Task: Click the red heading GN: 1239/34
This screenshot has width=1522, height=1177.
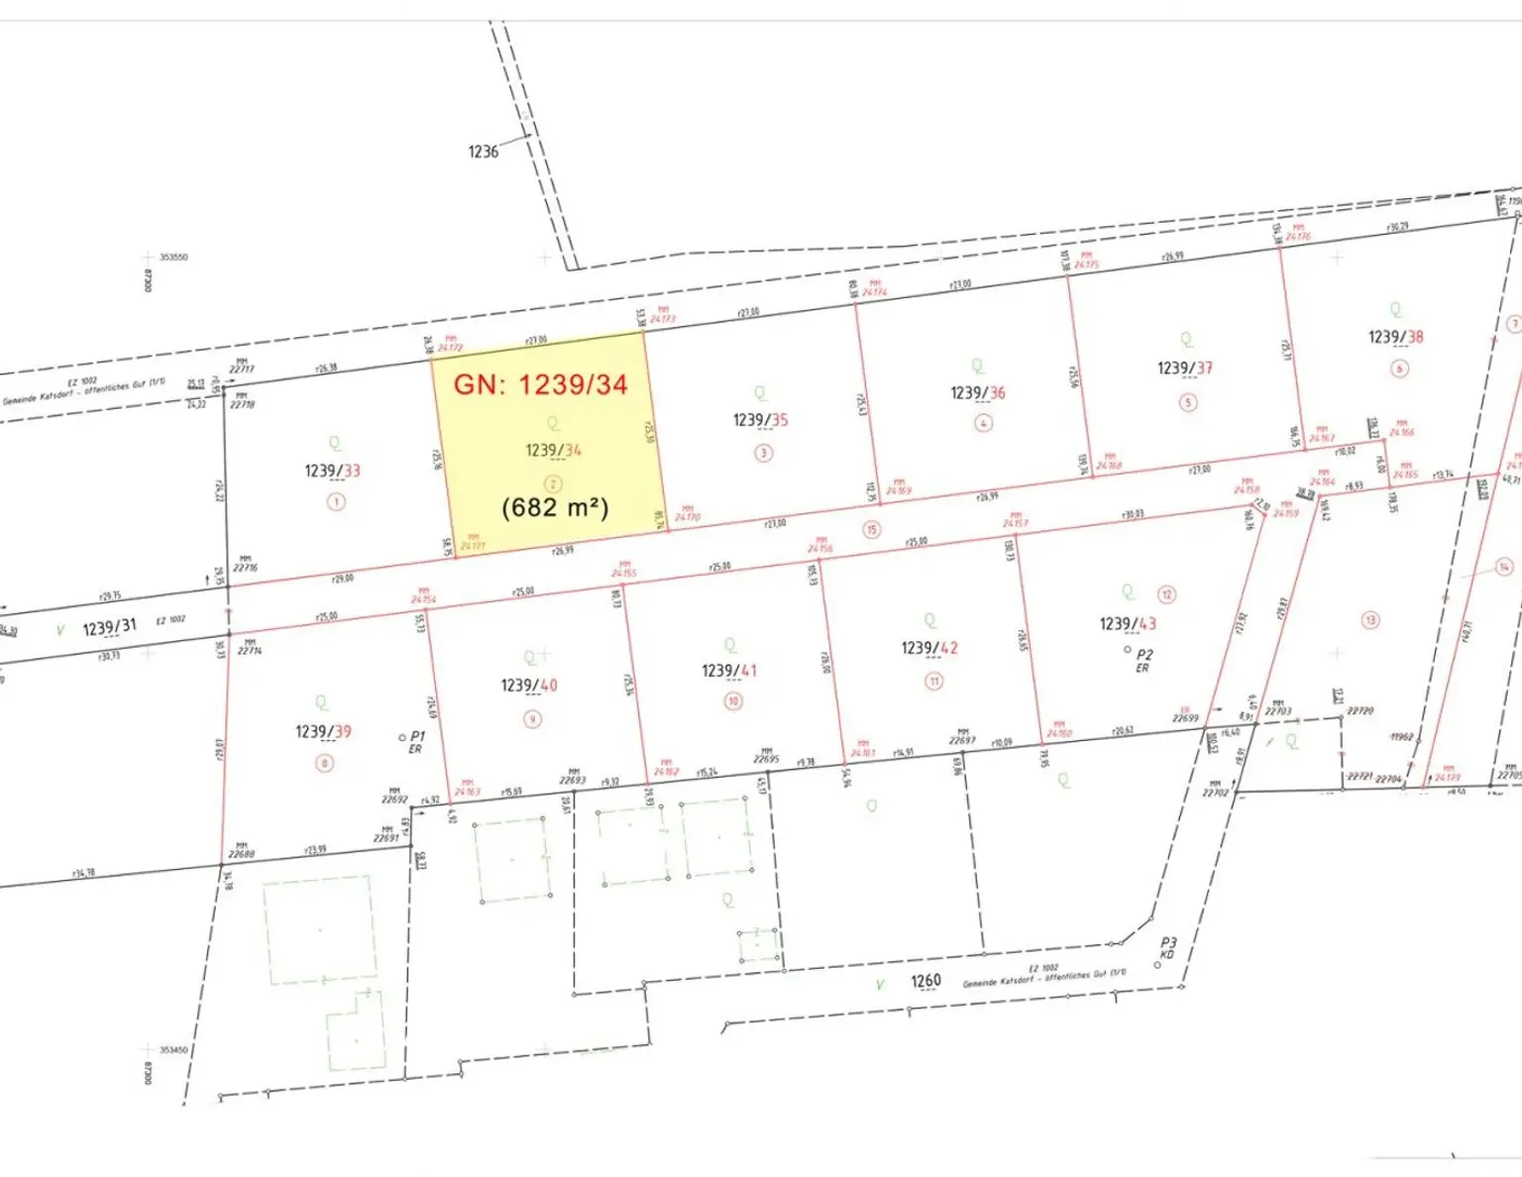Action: [x=541, y=384]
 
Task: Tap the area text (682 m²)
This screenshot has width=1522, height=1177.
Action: [x=555, y=507]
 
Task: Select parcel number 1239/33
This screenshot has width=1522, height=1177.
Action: [x=332, y=471]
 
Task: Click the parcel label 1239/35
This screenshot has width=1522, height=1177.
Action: [x=760, y=420]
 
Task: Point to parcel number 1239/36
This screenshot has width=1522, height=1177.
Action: [x=978, y=393]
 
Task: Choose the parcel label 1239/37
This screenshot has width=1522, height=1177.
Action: [x=1185, y=369]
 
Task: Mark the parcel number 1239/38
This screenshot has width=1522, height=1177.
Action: [x=1395, y=337]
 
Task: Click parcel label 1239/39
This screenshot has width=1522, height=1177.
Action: [x=323, y=732]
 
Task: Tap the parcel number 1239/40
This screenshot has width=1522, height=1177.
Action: [x=529, y=686]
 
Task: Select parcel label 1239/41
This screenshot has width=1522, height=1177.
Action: [x=729, y=671]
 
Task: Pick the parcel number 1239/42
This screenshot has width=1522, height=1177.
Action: [x=929, y=648]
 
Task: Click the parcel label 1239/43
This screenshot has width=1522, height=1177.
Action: [x=1128, y=624]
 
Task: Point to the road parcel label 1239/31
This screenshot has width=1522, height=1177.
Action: [x=109, y=628]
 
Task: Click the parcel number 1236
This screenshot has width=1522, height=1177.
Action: [x=484, y=152]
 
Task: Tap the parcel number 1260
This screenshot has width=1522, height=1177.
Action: [x=925, y=981]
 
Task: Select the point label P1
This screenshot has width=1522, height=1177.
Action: [x=417, y=736]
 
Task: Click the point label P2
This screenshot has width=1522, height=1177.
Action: [x=1144, y=655]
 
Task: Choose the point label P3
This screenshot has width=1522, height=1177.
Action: [x=1169, y=944]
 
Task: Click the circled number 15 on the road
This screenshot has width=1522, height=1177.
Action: [x=872, y=529]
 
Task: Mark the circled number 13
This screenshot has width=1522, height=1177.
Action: [x=1370, y=620]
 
